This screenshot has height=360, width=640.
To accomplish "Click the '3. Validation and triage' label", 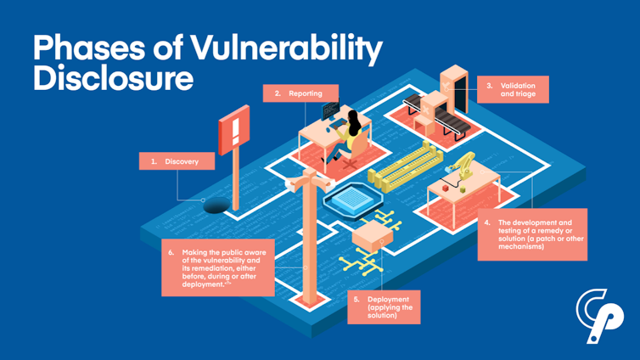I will tap(512, 90).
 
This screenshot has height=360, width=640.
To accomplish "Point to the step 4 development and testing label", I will tap(531, 234).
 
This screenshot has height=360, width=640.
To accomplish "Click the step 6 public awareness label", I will tap(218, 267).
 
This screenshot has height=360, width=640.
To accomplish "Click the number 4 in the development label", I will tap(487, 222).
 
